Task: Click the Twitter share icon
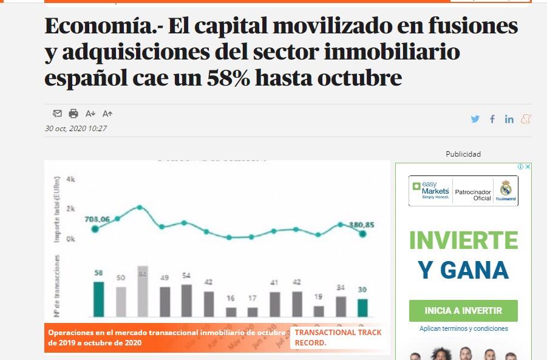click(475, 119)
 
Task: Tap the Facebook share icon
click(492, 119)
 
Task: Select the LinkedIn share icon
click(509, 119)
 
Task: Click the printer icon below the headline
click(73, 114)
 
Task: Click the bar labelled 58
click(98, 299)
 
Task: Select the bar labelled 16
click(231, 312)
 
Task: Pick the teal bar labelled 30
click(362, 308)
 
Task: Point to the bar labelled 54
click(186, 301)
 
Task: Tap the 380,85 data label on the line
click(362, 225)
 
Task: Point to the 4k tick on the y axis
click(70, 180)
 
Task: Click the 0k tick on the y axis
click(70, 239)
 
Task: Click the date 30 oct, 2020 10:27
click(76, 129)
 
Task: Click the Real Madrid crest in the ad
click(506, 191)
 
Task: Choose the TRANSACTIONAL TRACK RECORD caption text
click(338, 338)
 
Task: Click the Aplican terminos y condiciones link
click(463, 328)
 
